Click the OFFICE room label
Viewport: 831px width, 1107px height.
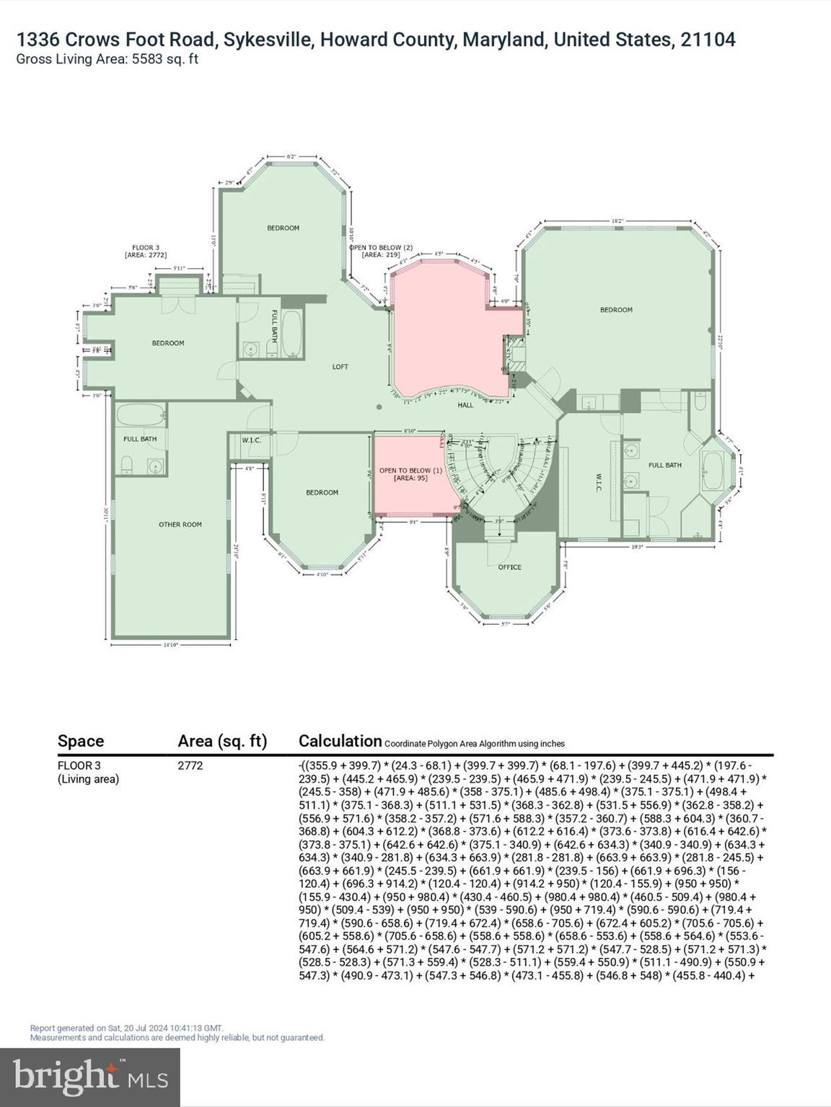[x=509, y=567]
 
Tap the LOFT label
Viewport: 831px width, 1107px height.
[x=340, y=367]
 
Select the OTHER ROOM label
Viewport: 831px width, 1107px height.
[x=180, y=525]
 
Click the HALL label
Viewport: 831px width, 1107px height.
[x=465, y=405]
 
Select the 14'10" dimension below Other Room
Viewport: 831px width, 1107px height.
[x=170, y=646]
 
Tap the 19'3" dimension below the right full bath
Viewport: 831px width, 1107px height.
[x=637, y=546]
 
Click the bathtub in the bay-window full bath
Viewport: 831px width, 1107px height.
[x=716, y=472]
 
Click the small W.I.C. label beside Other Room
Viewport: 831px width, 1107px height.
[x=251, y=440]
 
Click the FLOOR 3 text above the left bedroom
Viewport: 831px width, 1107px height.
[x=146, y=247]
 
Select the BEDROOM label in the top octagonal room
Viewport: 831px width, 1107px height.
[x=283, y=228]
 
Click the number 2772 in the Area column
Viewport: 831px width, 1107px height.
[x=190, y=765]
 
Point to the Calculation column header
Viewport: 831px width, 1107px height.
[x=340, y=741]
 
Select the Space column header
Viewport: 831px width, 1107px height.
[x=81, y=741]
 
